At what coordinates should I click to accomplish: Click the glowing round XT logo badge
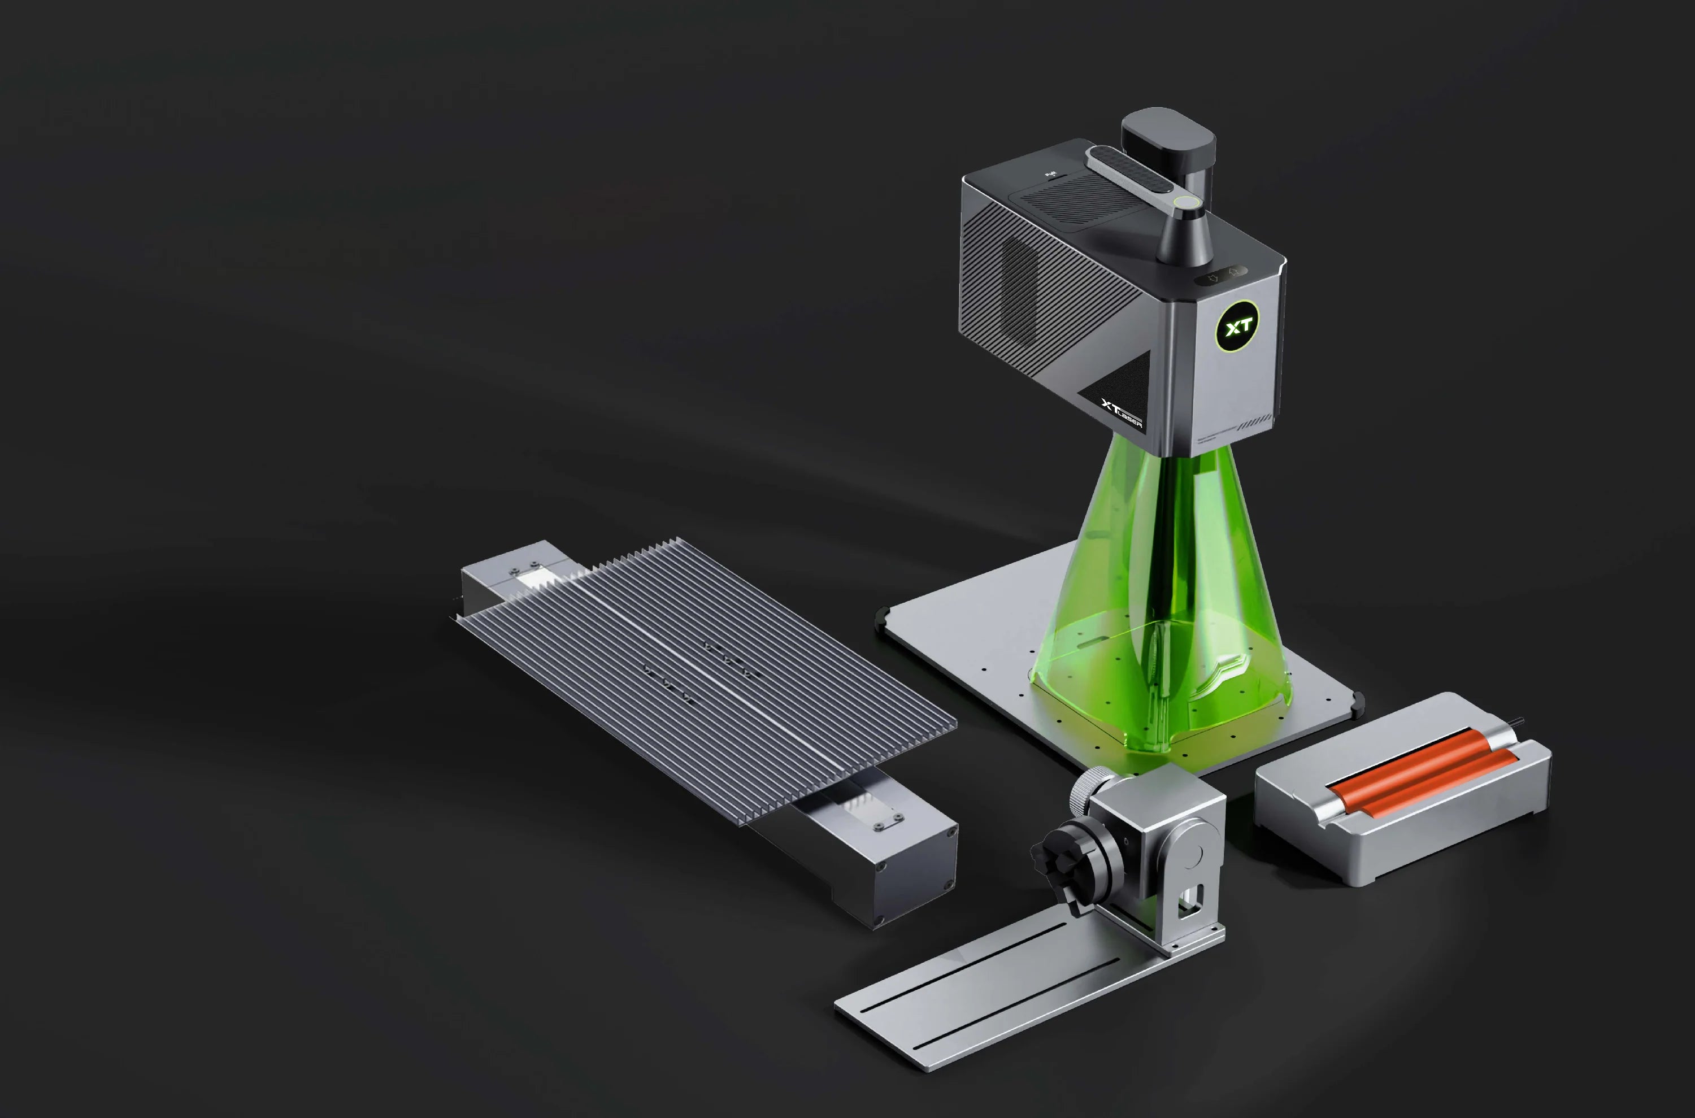(x=1237, y=327)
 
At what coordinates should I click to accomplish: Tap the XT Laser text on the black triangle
(x=1122, y=414)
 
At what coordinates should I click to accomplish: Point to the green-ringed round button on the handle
(x=1186, y=202)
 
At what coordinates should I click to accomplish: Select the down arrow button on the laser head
(x=1213, y=277)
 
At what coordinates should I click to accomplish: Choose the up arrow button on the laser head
(x=1233, y=272)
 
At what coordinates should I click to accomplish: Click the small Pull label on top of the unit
(x=1050, y=173)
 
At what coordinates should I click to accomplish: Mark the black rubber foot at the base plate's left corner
(x=882, y=617)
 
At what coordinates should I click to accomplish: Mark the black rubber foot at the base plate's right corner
(x=1358, y=703)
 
